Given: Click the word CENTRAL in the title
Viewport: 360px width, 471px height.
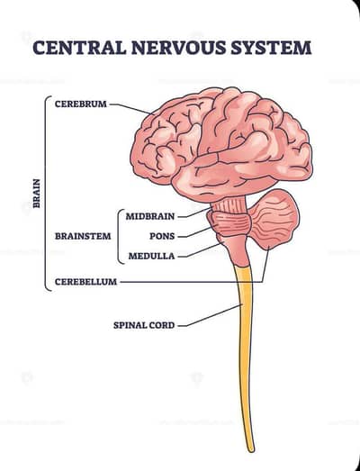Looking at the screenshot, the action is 79,48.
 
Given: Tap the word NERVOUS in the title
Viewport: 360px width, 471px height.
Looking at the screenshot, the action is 178,48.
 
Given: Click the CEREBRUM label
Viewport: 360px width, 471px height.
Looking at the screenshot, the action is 81,104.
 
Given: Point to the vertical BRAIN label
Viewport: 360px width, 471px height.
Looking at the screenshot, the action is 36,194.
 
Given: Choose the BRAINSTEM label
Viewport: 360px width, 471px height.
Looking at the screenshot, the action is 83,236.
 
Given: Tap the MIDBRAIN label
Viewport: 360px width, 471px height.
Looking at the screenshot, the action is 150,216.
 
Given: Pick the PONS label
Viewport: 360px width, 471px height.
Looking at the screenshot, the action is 162,236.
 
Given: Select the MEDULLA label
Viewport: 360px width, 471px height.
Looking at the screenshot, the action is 151,256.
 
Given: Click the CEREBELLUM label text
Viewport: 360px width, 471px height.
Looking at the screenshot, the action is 85,282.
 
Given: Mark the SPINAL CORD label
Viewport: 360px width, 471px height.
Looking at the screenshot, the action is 144,325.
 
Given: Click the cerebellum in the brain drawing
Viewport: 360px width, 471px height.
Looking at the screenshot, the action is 274,220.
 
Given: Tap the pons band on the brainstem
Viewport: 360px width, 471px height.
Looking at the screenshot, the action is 229,222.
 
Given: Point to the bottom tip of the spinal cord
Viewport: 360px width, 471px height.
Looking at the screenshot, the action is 251,450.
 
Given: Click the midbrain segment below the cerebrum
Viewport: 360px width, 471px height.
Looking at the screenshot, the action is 229,204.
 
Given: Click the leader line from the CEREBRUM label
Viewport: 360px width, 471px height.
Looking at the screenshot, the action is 131,108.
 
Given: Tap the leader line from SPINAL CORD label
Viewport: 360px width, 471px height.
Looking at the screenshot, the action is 211,315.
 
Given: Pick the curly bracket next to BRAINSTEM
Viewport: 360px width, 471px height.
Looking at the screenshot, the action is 120,236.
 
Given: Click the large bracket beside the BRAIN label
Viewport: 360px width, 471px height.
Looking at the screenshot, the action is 48,194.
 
